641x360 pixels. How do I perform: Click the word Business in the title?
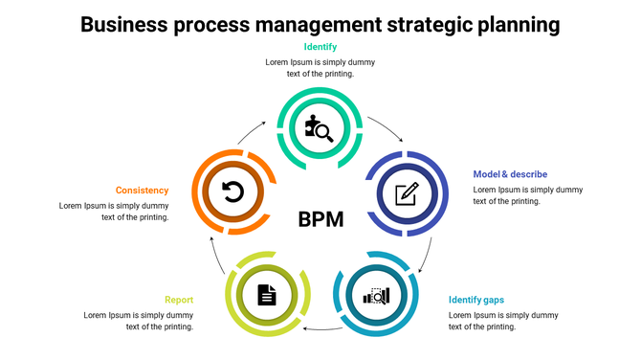125,23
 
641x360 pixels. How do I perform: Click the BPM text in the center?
320,219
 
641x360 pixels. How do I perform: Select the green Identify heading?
320,47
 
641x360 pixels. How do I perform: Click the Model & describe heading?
510,174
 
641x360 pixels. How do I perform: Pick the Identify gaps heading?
476,300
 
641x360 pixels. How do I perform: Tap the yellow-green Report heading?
179,300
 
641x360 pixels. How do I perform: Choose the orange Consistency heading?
143,191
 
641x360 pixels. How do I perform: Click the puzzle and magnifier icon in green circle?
320,127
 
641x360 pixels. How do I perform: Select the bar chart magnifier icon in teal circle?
375,295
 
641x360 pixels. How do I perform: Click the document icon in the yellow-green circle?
267,295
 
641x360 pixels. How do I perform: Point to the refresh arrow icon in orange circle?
232,192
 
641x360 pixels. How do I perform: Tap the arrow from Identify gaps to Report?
320,328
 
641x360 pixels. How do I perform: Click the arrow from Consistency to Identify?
254,132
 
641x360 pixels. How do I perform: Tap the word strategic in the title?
423,23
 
